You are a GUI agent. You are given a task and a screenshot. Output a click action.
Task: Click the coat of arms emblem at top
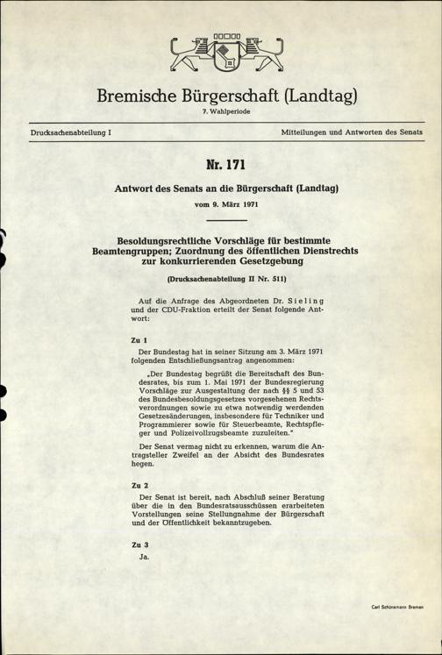220,54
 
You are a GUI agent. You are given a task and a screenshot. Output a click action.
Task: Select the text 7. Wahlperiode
220,112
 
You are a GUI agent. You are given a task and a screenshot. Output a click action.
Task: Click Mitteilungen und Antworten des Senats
353,132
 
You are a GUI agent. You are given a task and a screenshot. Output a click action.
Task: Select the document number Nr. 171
220,164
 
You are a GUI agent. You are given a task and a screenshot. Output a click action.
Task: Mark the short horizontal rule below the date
220,219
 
